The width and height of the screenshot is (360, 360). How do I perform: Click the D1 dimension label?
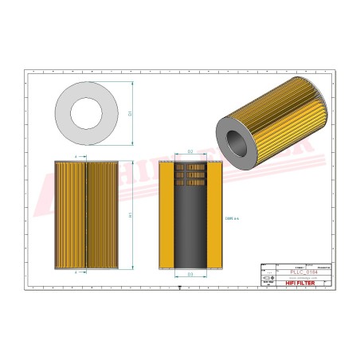coord(130,113)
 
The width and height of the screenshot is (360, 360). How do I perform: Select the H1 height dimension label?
coord(130,215)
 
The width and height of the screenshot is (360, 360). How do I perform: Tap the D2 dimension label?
coord(190,151)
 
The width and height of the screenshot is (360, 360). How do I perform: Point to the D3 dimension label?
coord(190,274)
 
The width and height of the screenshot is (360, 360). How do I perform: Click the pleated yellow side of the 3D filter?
coord(287,135)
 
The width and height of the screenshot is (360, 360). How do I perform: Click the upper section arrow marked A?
coord(76,157)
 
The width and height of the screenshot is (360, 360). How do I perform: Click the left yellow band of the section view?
coord(167,215)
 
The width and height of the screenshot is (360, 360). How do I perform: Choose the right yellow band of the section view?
coord(213,215)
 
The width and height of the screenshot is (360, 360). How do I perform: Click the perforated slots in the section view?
coord(190,174)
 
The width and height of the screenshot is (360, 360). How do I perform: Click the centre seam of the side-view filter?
coord(86,215)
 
